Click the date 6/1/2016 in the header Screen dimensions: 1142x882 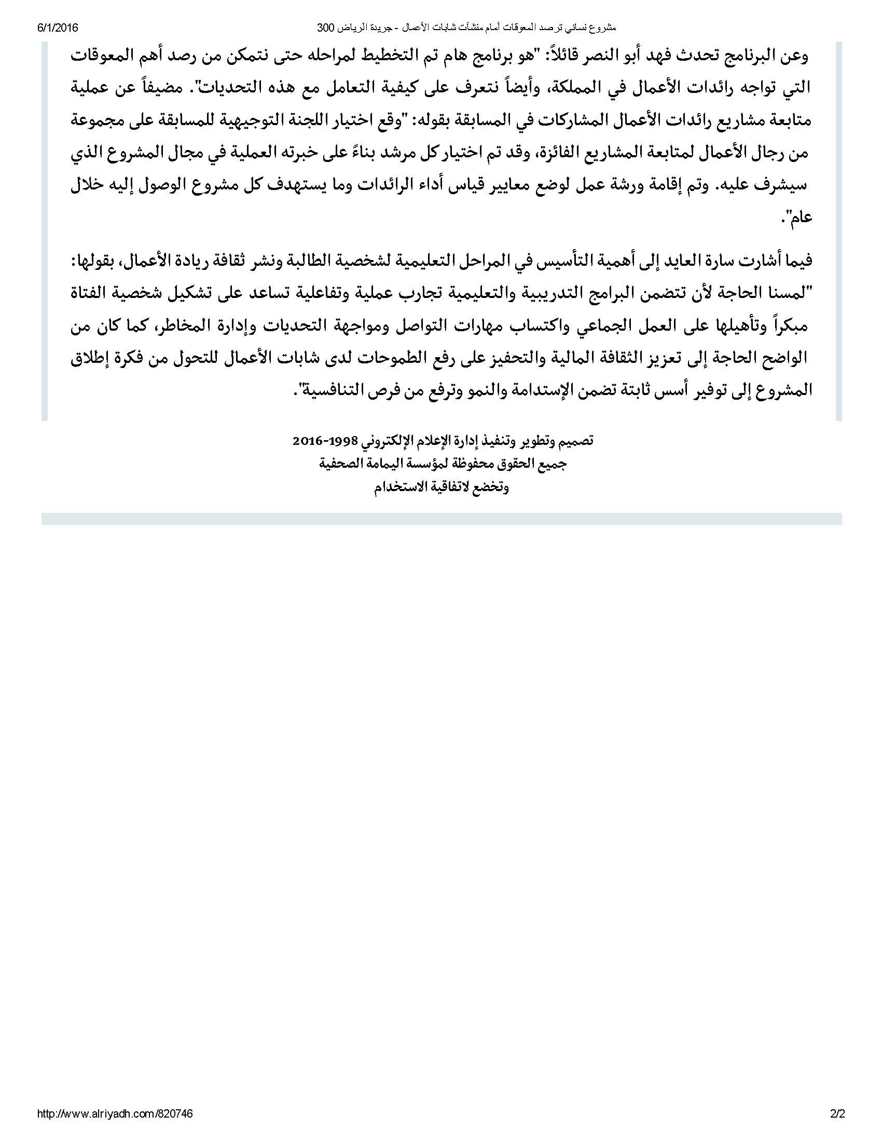click(x=57, y=28)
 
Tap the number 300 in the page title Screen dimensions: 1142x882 click(x=326, y=28)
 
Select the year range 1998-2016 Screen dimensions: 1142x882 click(x=324, y=441)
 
